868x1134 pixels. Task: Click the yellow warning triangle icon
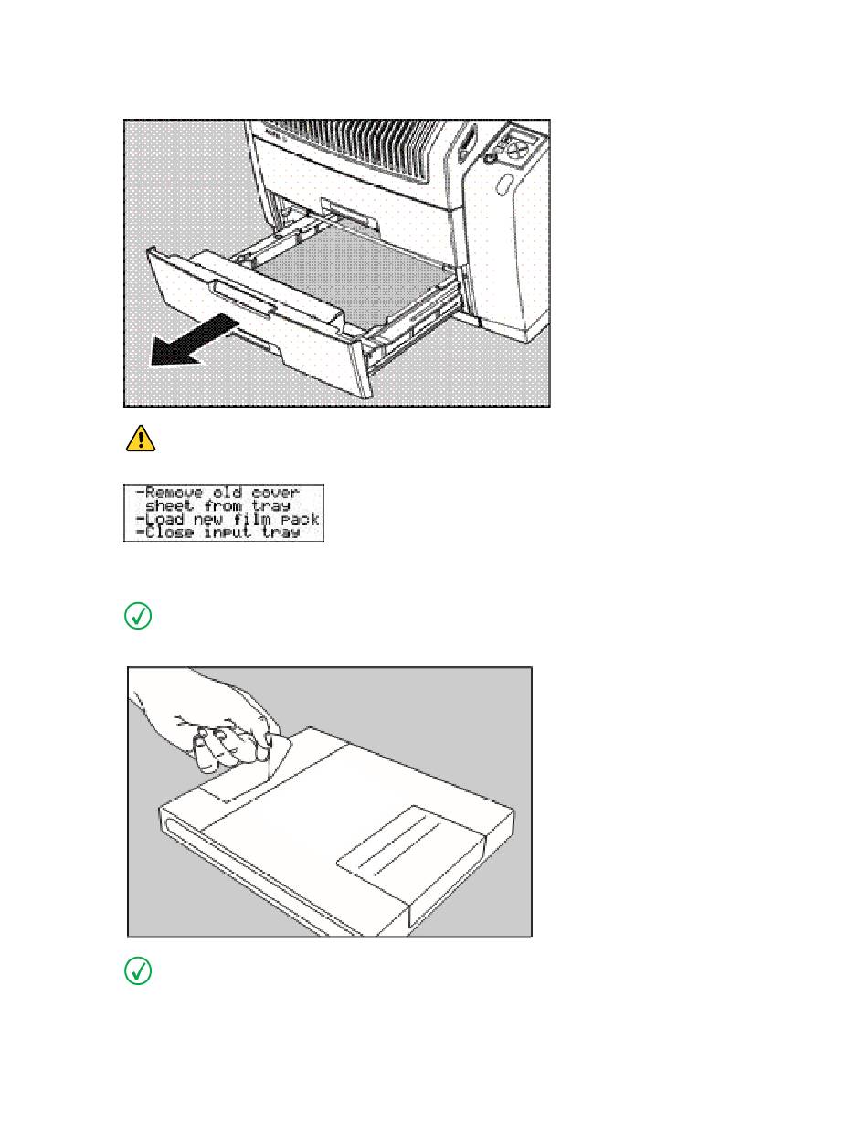tap(141, 439)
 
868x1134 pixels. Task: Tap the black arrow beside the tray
tap(194, 340)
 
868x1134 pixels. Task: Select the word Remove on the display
tap(175, 493)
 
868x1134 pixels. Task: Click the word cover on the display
tap(275, 493)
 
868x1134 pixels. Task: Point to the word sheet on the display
tap(169, 505)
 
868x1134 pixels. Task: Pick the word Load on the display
tap(164, 519)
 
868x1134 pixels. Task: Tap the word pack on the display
tap(300, 520)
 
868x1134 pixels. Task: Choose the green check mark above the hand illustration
tap(138, 616)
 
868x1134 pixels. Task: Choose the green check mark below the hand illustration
tap(138, 971)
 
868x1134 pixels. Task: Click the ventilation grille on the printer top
tap(354, 150)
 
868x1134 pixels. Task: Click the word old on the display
tap(228, 493)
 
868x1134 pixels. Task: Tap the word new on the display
tap(208, 519)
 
